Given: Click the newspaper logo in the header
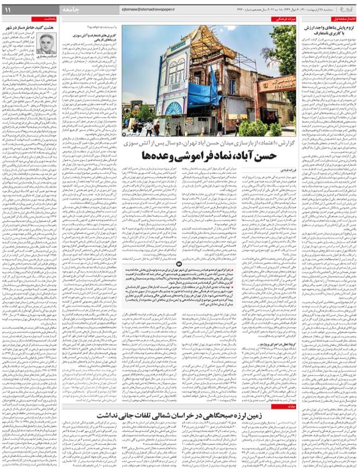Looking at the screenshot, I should (x=346, y=9).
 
